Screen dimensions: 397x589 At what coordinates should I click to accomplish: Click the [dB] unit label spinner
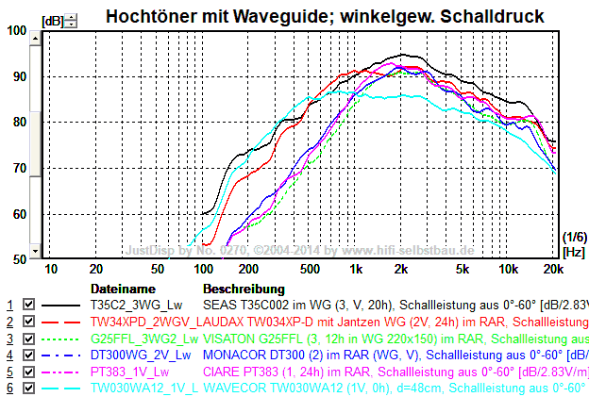tap(72, 21)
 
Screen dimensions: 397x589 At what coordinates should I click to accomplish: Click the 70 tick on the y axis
tap(19, 168)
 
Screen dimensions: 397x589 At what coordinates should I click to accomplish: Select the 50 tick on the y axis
tap(19, 259)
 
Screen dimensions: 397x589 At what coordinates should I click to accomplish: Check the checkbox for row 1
tap(28, 306)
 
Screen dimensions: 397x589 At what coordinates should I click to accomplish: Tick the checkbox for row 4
tap(28, 354)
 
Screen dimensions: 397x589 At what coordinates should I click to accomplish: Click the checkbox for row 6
tap(28, 386)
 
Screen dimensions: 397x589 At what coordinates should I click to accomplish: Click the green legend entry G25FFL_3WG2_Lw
tap(143, 338)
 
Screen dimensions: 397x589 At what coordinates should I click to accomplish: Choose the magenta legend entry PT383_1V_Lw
tap(129, 370)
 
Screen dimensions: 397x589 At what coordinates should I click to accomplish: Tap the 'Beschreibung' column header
tap(244, 288)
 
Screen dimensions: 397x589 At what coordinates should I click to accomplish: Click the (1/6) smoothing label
tap(574, 236)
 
